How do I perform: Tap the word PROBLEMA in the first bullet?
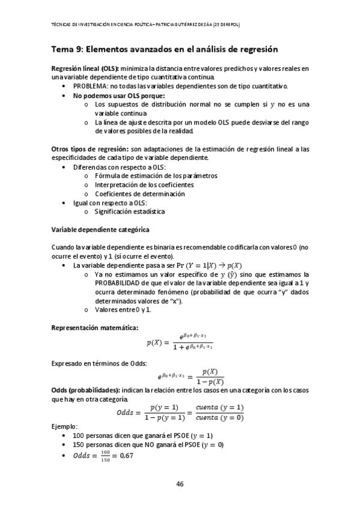(90, 86)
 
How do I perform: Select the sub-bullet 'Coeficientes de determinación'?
(139, 194)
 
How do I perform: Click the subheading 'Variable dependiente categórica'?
(100, 230)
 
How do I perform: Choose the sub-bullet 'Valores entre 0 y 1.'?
(123, 309)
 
